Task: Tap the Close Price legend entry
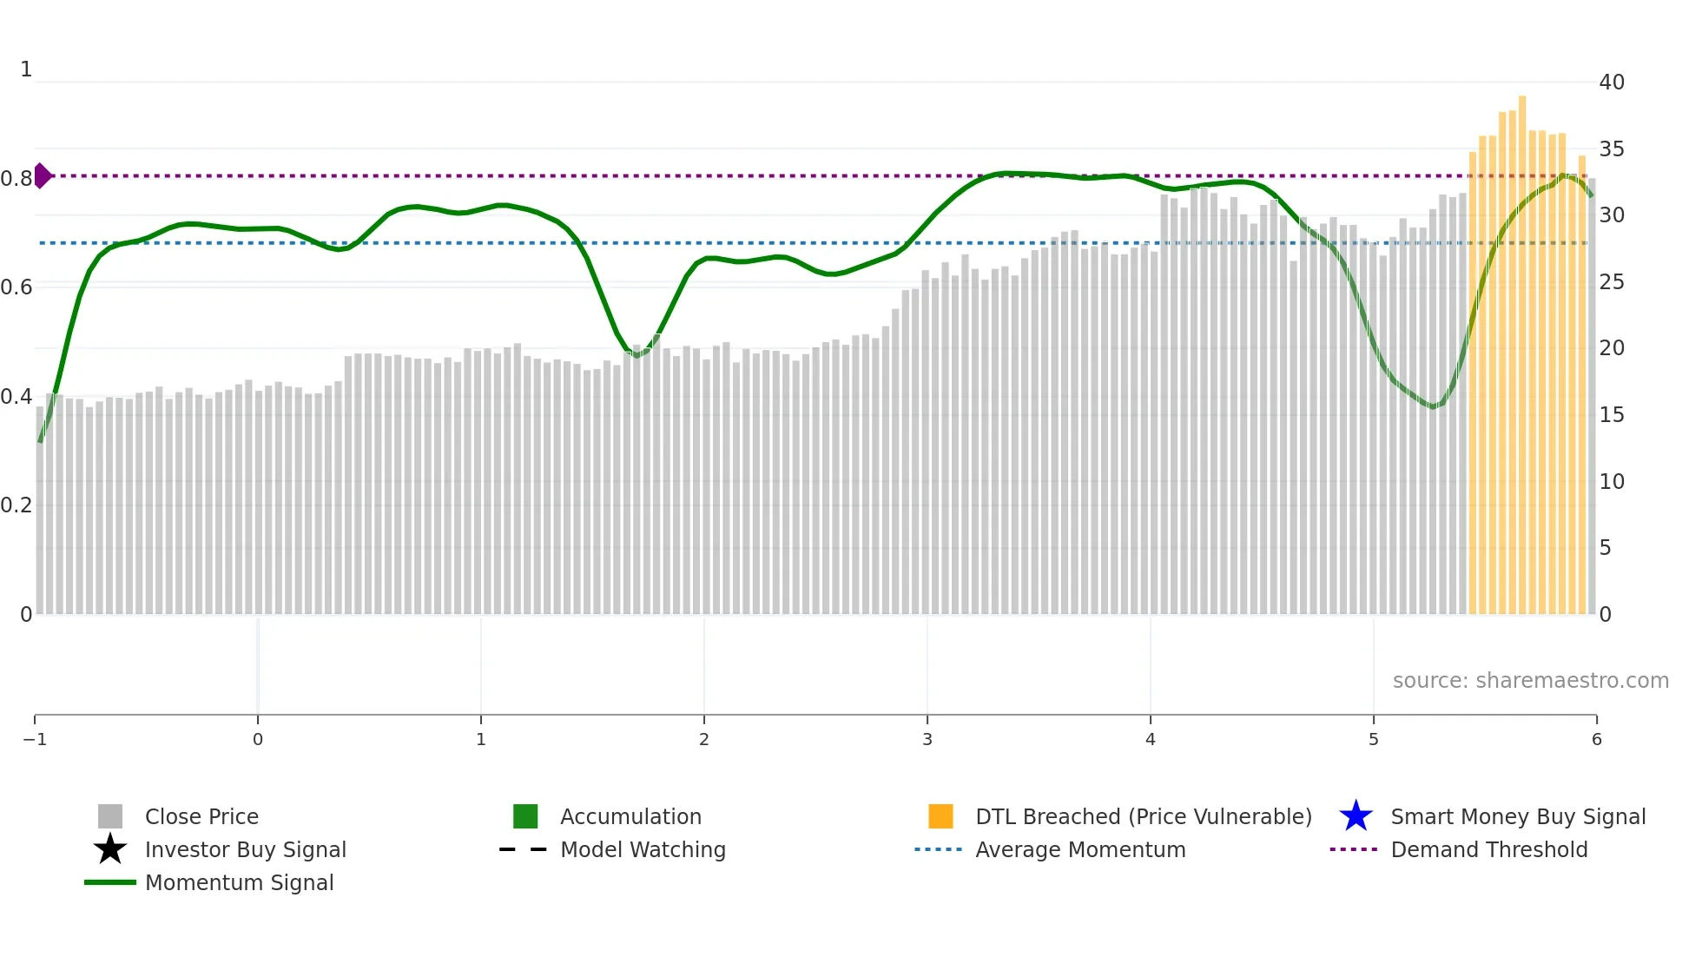[201, 816]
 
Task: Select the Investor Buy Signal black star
[110, 849]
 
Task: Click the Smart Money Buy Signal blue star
[1356, 816]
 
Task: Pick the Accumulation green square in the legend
[525, 816]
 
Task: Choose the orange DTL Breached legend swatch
[940, 816]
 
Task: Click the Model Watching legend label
[643, 849]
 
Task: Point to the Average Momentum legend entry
[1079, 849]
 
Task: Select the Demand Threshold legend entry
[1488, 849]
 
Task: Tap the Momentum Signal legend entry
[239, 882]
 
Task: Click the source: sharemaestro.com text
[1530, 680]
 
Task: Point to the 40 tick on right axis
[1612, 82]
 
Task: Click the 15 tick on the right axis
[1612, 415]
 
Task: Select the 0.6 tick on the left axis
[16, 287]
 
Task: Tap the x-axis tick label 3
[927, 740]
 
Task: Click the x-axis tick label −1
[35, 740]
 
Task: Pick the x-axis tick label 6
[1596, 740]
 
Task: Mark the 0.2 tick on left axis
[16, 505]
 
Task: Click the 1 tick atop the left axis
[26, 69]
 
